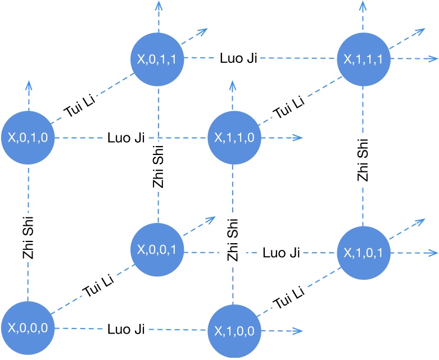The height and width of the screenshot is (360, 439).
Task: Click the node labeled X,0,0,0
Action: click(x=28, y=328)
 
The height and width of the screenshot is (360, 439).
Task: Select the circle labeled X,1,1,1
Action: click(x=363, y=58)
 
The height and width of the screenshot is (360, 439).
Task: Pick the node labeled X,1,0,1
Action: click(x=363, y=253)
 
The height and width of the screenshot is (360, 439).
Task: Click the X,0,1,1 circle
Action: click(x=157, y=58)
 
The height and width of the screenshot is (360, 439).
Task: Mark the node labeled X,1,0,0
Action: click(x=234, y=330)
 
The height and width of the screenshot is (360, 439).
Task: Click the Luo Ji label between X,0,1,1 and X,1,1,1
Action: click(x=238, y=58)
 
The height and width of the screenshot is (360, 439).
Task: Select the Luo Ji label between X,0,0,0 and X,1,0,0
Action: click(x=125, y=329)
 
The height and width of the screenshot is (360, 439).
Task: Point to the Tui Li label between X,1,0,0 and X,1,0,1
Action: click(x=289, y=295)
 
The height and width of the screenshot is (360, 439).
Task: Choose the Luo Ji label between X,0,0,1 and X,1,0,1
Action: click(x=281, y=253)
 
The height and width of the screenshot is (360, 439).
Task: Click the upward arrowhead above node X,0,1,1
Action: click(x=157, y=5)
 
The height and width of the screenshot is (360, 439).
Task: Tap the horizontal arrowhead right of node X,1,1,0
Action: click(x=298, y=138)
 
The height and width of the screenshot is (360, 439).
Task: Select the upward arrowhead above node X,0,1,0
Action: click(x=28, y=85)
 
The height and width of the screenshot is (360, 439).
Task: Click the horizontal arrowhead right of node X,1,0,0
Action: click(x=298, y=330)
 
